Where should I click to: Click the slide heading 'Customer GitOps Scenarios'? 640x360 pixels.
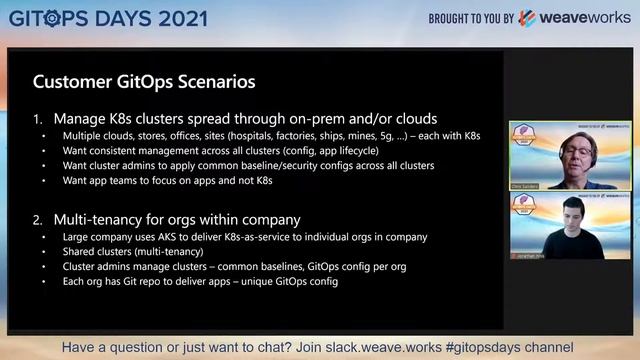[144, 80]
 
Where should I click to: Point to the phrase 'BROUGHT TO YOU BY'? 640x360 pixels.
[471, 18]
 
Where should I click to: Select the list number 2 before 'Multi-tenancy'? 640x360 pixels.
[39, 218]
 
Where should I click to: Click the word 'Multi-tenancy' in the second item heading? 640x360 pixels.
[102, 218]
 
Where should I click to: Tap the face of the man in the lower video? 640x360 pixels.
[569, 218]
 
